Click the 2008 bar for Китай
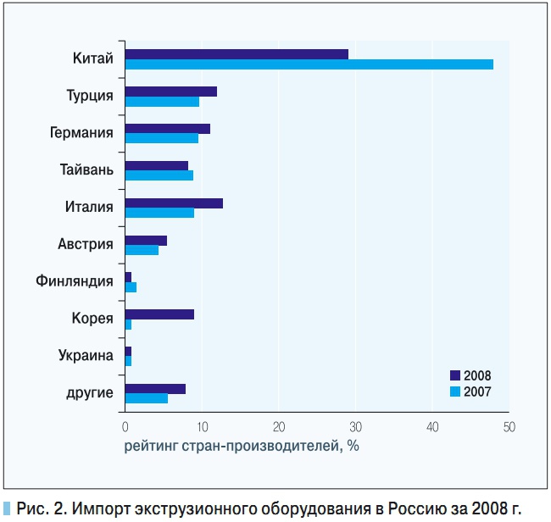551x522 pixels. [x=237, y=54]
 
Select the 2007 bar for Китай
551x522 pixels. [x=309, y=64]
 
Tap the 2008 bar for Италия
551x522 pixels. [x=174, y=203]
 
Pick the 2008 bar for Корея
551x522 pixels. [x=159, y=314]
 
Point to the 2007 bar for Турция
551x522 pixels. [x=162, y=102]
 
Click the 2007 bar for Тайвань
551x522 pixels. [x=159, y=175]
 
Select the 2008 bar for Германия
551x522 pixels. [x=167, y=129]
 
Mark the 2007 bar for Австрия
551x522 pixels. [x=142, y=250]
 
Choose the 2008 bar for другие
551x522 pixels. [x=155, y=389]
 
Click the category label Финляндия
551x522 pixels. [x=75, y=281]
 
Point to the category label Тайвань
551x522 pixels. [x=86, y=169]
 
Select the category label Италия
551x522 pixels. [x=89, y=207]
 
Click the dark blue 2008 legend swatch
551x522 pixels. [x=454, y=375]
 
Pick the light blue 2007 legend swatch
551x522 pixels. [x=454, y=391]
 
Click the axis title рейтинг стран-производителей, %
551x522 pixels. [x=242, y=446]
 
